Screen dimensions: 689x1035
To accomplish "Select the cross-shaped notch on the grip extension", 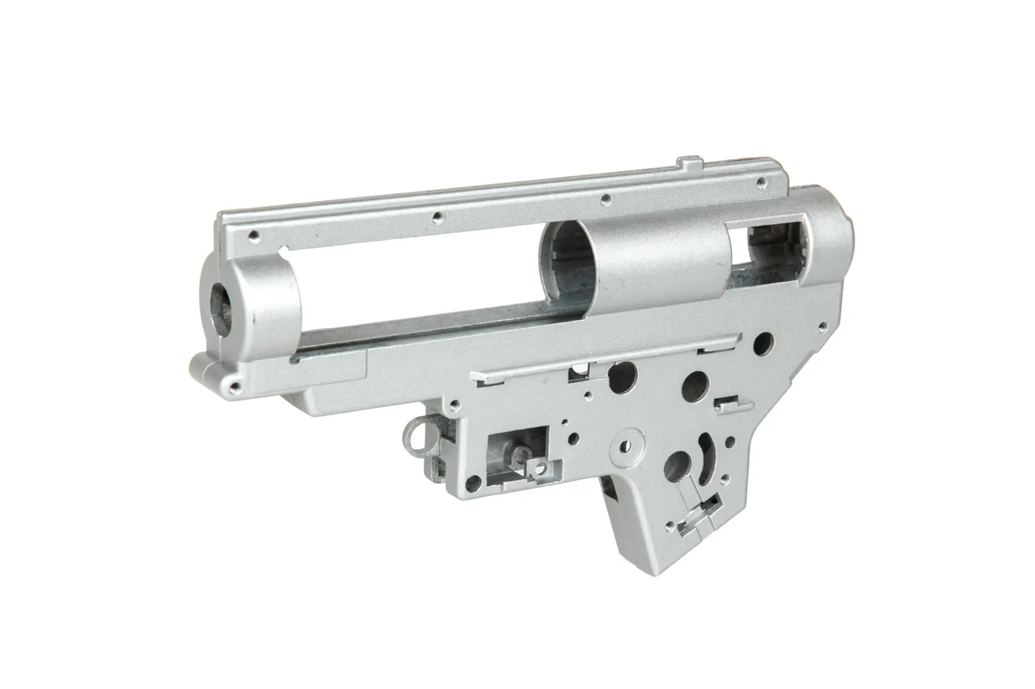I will (699, 514).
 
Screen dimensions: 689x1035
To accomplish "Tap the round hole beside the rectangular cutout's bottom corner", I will (474, 483).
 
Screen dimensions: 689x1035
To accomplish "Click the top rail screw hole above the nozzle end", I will (254, 236).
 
